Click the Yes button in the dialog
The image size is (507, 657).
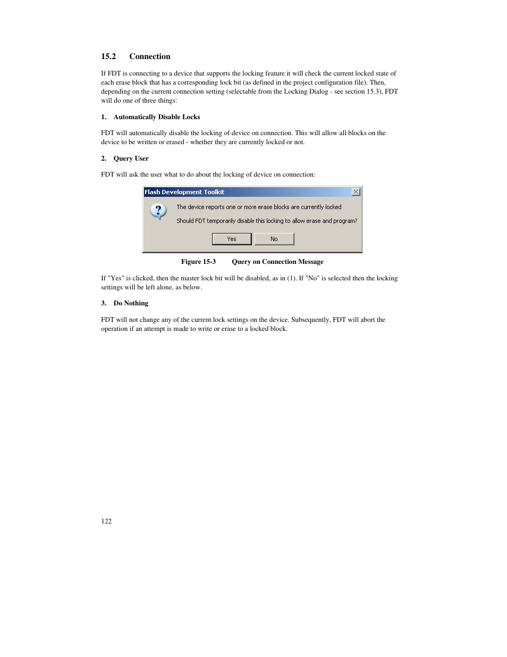[232, 239]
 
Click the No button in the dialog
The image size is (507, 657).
[274, 239]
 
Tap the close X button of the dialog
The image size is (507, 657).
[356, 192]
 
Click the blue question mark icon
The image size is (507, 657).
[158, 211]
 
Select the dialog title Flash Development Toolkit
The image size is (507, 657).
[184, 192]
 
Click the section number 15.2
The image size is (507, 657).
[108, 56]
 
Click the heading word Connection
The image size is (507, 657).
[150, 56]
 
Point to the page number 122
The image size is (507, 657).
[106, 521]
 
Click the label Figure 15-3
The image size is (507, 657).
[198, 262]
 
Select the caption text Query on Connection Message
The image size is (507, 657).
[277, 262]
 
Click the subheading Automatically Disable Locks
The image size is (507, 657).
[157, 117]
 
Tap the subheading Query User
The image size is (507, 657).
[131, 159]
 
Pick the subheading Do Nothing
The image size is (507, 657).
[131, 303]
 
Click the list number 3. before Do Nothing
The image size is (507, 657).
[104, 303]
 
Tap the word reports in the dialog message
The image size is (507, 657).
[214, 207]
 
